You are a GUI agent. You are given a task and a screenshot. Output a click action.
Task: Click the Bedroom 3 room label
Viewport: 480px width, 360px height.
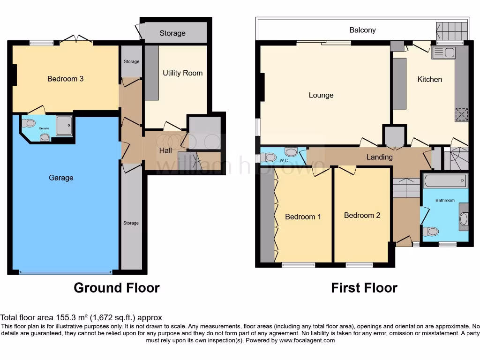(65, 79)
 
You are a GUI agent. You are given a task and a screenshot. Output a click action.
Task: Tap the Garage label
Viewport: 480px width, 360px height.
(61, 178)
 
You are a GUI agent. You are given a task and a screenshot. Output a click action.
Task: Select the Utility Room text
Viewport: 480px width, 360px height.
(182, 73)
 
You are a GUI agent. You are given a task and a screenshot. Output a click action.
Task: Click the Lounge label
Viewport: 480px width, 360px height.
(321, 95)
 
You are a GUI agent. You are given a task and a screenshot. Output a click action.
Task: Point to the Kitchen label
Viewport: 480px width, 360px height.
(429, 79)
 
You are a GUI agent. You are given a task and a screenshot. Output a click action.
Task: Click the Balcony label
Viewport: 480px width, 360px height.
(362, 30)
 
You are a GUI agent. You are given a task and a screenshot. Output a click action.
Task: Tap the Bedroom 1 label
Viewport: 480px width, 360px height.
(303, 217)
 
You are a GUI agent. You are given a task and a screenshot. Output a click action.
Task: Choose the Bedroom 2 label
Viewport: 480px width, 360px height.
(362, 215)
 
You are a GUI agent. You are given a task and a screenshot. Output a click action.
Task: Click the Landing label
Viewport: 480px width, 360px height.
(379, 157)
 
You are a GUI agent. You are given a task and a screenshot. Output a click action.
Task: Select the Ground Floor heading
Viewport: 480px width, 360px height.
(116, 287)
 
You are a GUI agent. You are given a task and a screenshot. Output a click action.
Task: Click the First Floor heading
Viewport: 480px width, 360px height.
(364, 287)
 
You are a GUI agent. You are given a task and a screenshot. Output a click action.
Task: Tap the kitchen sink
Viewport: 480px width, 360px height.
(443, 52)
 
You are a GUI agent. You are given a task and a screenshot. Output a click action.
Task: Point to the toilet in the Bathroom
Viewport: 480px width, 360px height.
(431, 231)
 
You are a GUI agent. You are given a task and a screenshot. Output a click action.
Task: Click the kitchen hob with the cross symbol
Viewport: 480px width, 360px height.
(461, 114)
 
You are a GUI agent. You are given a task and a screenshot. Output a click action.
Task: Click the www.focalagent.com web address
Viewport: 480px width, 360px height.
(307, 340)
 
